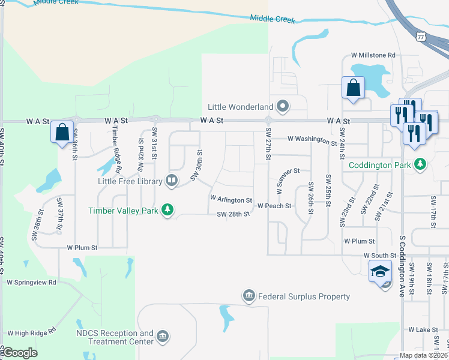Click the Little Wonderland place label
click(x=241, y=107)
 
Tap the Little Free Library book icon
click(x=172, y=181)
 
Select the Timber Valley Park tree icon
click(x=170, y=210)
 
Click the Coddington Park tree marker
click(x=421, y=164)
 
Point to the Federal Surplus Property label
click(x=304, y=296)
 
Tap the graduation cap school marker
click(x=380, y=271)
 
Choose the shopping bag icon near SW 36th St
click(x=62, y=133)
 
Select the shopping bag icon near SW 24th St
click(x=353, y=88)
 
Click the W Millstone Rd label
click(x=373, y=55)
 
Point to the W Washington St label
click(x=312, y=140)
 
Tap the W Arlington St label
click(x=231, y=199)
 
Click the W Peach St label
click(x=274, y=206)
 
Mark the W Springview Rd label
click(x=31, y=281)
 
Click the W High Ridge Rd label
click(x=31, y=331)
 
